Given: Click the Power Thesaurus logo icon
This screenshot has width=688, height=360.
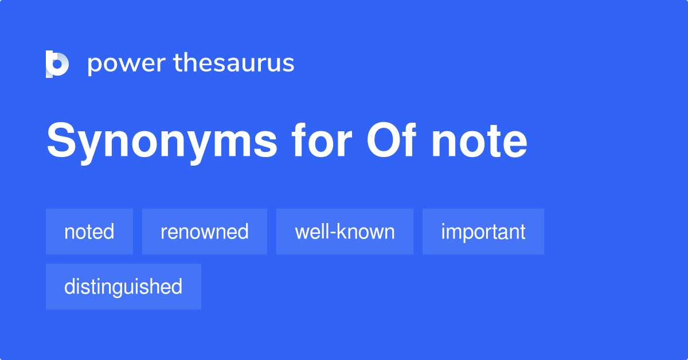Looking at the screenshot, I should click(57, 64).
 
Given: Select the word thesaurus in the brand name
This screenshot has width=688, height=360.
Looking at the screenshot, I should click(234, 64).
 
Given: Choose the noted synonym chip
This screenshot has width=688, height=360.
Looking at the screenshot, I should click(89, 232).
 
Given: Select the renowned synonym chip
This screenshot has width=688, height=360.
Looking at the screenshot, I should click(205, 232).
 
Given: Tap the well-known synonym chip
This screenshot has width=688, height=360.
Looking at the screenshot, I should click(345, 232).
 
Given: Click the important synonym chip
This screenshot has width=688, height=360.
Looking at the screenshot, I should click(483, 232).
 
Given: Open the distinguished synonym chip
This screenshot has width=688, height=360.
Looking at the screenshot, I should click(123, 287).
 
